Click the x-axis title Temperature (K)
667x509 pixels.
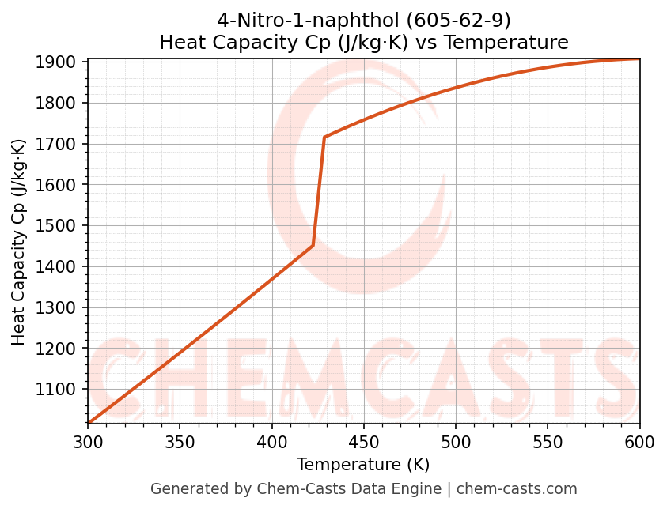363,465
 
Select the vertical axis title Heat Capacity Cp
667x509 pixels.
19,242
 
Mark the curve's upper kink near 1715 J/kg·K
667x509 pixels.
324,138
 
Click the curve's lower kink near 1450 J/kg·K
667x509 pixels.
313,245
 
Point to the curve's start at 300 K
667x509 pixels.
89,424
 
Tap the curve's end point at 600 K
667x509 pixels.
639,59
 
